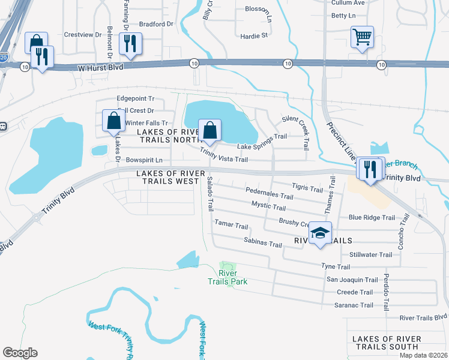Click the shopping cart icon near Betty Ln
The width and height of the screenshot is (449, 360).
tap(363, 38)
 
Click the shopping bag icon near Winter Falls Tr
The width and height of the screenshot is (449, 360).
tap(113, 121)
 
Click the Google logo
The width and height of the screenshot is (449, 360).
tap(20, 353)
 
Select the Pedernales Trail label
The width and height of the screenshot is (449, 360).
tap(270, 194)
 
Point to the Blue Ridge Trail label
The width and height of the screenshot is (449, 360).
tap(372, 218)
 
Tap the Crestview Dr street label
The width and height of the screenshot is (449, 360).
tap(83, 35)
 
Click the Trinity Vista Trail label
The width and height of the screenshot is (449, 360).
tap(224, 155)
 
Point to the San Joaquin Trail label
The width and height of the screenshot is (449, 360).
tap(352, 280)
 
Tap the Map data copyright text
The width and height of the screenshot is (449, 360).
tap(423, 355)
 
